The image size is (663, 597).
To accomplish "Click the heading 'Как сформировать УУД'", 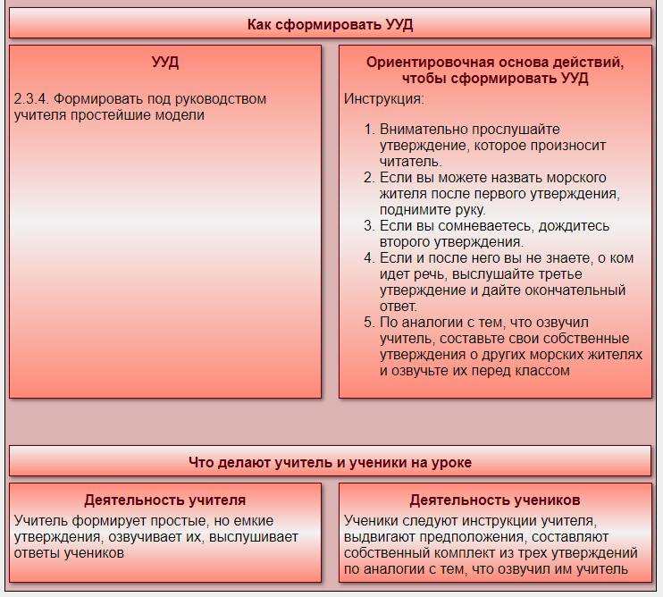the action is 330,24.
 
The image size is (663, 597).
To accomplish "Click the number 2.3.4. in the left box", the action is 31,99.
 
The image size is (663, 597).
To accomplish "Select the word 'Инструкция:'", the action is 384,99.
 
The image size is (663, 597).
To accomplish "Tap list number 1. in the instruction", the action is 369,130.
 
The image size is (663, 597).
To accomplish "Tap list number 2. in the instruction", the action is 369,178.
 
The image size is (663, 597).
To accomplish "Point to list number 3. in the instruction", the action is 369,226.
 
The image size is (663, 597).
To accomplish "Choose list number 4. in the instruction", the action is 369,258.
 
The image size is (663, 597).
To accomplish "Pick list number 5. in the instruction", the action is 369,322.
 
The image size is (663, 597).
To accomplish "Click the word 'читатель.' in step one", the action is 410,162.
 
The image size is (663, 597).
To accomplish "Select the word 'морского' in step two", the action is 576,178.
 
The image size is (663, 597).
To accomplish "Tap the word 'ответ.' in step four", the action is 399,307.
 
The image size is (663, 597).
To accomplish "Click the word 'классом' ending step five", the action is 542,370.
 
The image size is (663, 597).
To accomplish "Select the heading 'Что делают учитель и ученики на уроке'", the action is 330,462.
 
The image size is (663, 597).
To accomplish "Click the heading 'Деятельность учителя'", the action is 165,500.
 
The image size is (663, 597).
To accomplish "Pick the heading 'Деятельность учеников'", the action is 495,500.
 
